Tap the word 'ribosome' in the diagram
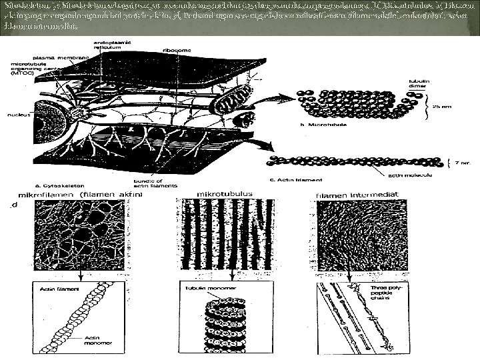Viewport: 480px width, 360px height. (175, 49)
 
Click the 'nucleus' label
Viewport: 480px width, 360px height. (17, 115)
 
